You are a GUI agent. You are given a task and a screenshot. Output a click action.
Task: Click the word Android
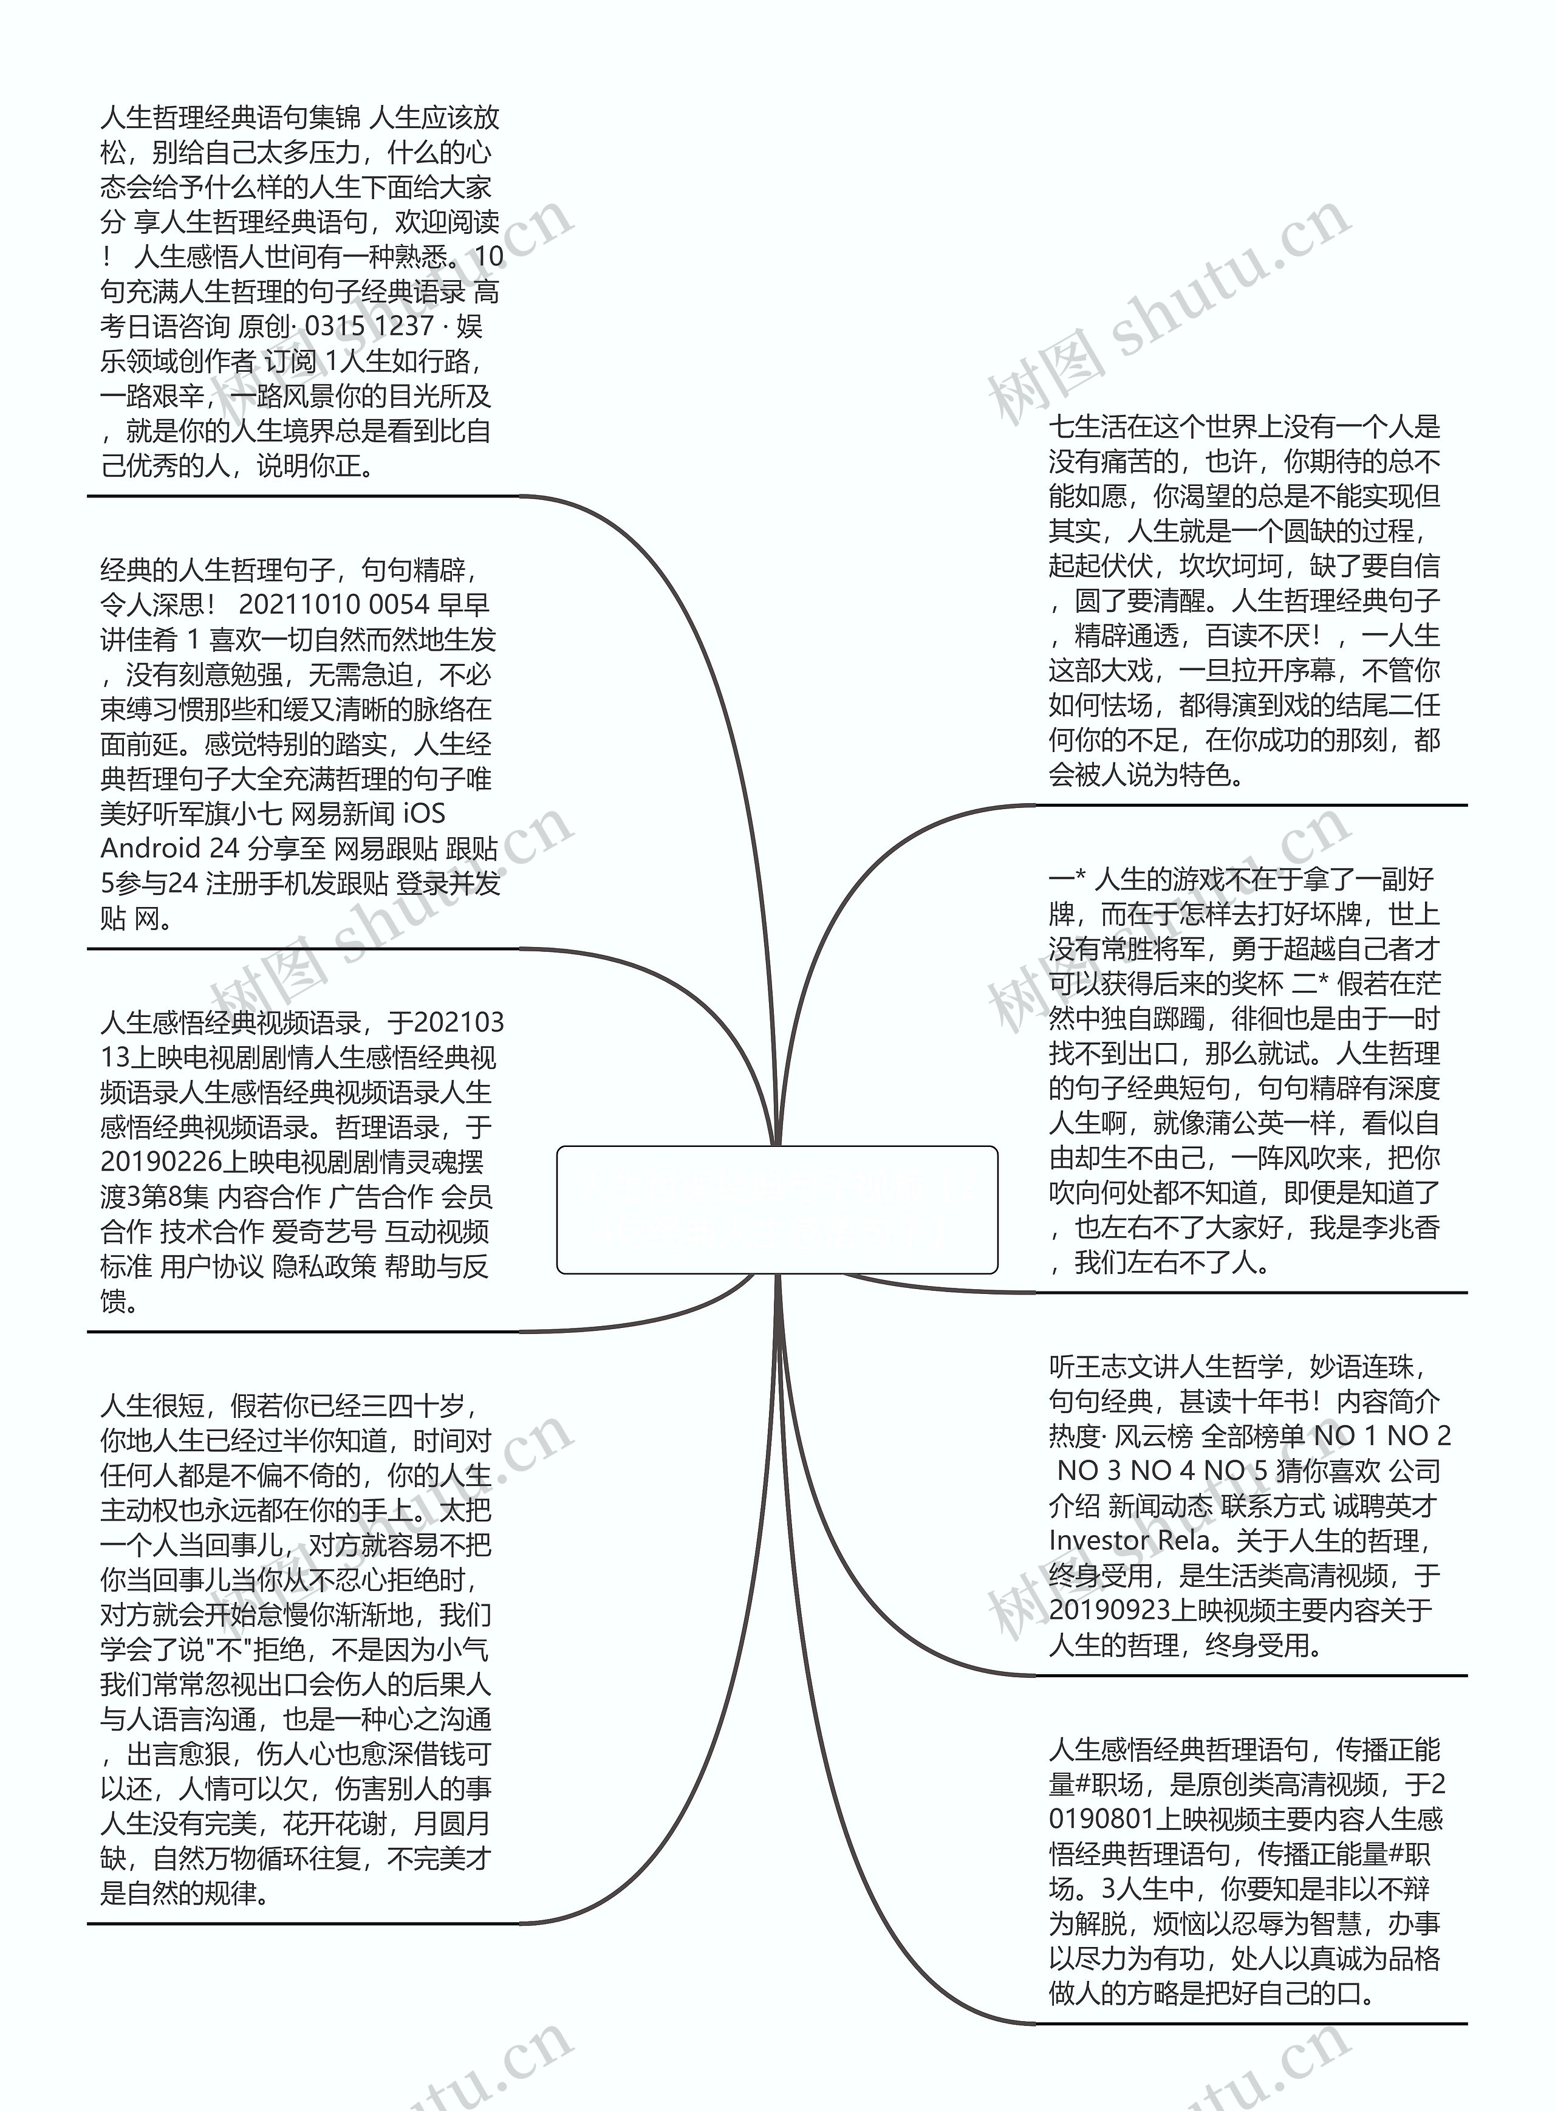151,849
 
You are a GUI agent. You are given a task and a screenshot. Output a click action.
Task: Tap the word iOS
423,814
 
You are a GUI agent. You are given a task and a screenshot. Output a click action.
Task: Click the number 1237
404,327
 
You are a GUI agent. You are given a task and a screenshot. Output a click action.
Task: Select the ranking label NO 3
1089,1471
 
